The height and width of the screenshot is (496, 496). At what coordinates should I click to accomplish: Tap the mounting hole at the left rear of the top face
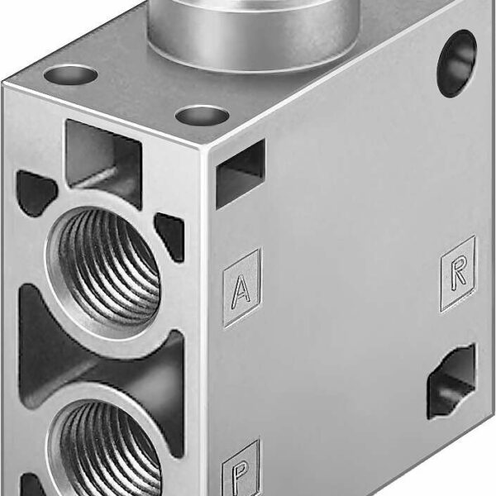70,75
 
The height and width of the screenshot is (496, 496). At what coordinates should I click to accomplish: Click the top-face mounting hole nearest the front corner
202,115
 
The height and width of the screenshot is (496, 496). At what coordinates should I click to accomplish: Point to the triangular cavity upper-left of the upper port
36,193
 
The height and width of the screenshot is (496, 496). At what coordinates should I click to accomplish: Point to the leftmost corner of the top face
4,83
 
